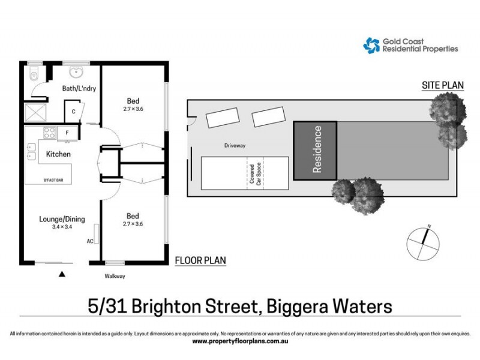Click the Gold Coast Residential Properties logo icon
(x=371, y=45)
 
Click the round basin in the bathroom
(x=76, y=73)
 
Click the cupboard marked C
(x=73, y=112)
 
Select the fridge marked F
(x=67, y=132)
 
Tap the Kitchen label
(x=58, y=155)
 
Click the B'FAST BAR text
(x=54, y=180)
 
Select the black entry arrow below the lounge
(x=61, y=275)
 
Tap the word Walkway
(x=114, y=277)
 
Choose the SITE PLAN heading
(x=443, y=86)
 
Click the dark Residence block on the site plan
(x=315, y=150)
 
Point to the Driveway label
(x=235, y=146)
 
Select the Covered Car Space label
(x=256, y=174)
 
